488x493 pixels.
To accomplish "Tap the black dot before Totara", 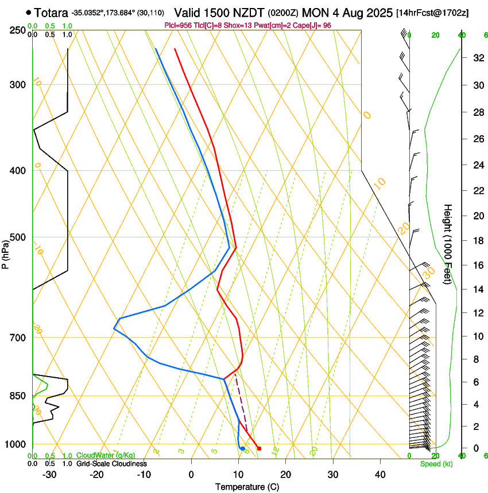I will pyautogui.click(x=29, y=12).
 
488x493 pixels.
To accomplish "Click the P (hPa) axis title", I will pyautogui.click(x=6, y=252).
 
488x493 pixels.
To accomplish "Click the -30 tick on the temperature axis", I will pyautogui.click(x=49, y=475).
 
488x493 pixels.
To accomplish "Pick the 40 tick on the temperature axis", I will pyautogui.click(x=380, y=475).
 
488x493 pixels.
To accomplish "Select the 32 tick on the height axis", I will pyautogui.click(x=477, y=58).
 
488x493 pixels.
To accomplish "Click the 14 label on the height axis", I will pyautogui.click(x=477, y=289).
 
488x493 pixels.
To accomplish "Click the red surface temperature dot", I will pyautogui.click(x=259, y=448).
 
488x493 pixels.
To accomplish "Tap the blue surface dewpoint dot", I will pyautogui.click(x=243, y=448).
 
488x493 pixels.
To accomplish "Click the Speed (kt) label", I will pyautogui.click(x=436, y=464).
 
